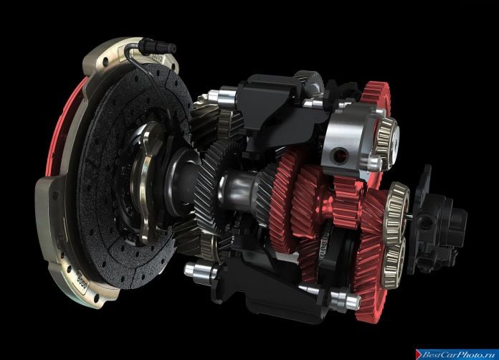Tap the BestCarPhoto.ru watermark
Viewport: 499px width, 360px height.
pos(457,354)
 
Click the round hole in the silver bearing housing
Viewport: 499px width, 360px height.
pos(339,155)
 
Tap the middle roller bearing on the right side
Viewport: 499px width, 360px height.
pos(396,212)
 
